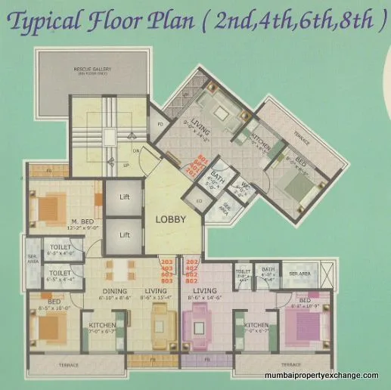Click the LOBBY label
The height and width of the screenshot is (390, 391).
[x=171, y=219]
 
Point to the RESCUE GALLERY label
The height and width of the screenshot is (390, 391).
[x=94, y=70]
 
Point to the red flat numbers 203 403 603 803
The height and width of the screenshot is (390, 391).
[x=167, y=269]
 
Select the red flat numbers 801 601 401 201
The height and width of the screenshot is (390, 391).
[x=202, y=165]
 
